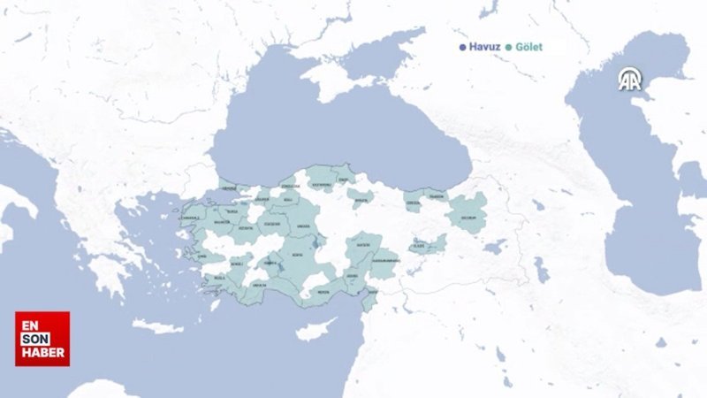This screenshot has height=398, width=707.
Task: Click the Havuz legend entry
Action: coord(482,47)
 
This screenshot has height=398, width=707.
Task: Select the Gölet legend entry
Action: coord(526,47)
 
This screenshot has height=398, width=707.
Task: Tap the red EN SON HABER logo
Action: coord(42,338)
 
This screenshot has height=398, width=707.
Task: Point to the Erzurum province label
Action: coord(468,217)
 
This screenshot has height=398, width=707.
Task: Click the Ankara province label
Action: coord(302,225)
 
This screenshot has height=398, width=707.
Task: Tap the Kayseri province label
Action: coord(362,244)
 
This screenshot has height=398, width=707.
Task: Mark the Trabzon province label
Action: coord(437,196)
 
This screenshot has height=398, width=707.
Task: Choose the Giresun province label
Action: coord(413,203)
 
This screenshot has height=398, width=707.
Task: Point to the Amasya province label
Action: coord(360,200)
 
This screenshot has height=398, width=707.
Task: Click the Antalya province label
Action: coord(259,286)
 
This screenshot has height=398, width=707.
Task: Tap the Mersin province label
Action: coord(323,291)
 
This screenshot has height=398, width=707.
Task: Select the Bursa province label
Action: coord(232,213)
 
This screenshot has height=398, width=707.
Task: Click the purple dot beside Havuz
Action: coord(462,47)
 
